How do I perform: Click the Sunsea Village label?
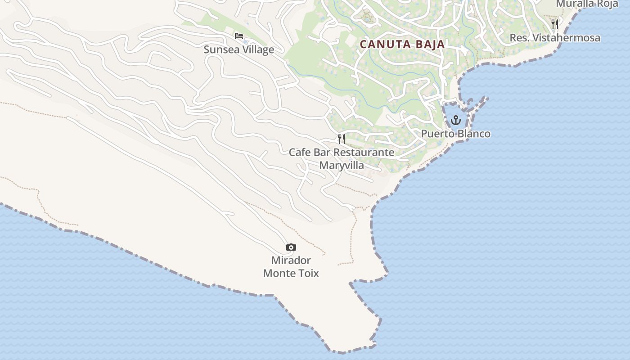click(x=238, y=49)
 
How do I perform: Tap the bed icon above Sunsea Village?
click(x=239, y=36)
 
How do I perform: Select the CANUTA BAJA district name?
click(x=402, y=45)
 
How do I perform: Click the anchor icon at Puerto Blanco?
click(x=456, y=120)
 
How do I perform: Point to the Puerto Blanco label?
click(x=455, y=134)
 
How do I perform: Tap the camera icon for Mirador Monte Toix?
click(x=291, y=247)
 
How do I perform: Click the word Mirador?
click(x=291, y=260)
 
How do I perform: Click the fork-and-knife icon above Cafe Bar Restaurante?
click(x=342, y=139)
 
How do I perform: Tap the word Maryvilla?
click(x=342, y=165)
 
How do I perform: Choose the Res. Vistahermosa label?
click(x=554, y=38)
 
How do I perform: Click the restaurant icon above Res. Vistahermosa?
click(x=555, y=24)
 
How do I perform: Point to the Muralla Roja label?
click(x=587, y=4)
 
